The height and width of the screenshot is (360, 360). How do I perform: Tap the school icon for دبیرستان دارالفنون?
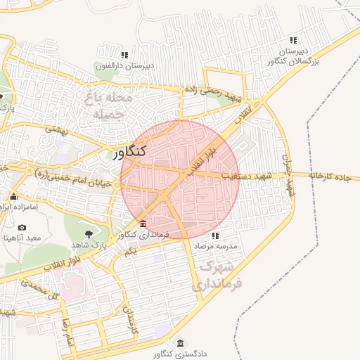point(124,55)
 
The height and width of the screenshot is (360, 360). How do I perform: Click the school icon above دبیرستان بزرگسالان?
point(294,40)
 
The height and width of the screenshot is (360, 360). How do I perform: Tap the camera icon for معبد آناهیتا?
point(22,228)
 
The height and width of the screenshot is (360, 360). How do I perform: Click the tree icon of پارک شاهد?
point(89,233)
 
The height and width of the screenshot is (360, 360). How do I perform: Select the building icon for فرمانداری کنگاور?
point(143,224)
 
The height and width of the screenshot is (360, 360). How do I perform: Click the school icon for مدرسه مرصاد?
point(214,235)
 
